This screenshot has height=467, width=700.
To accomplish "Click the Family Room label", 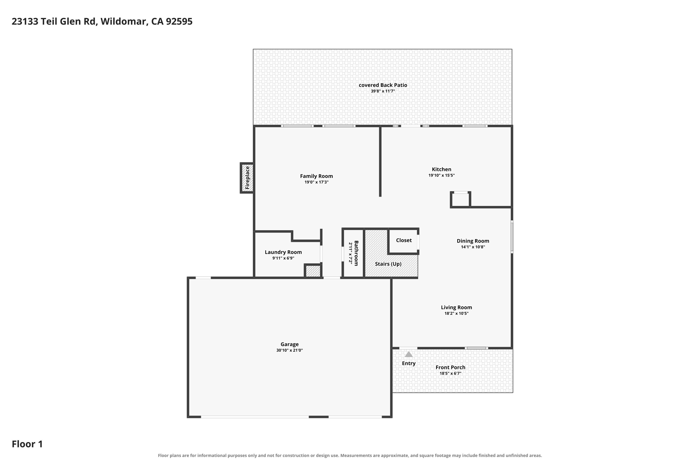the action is [316, 176].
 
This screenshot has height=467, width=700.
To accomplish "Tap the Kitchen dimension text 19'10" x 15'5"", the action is [441, 176].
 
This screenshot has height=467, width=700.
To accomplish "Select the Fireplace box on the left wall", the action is [247, 178].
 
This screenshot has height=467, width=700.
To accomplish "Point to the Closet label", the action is [404, 240].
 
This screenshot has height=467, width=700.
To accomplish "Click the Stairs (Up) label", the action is [388, 264].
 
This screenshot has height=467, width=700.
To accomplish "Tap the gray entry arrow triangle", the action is [408, 354].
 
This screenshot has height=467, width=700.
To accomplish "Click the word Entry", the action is [408, 363].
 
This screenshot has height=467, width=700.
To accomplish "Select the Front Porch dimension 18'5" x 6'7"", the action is [450, 373].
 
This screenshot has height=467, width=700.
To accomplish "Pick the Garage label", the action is [290, 344].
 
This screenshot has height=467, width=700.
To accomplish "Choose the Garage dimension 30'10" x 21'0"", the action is [290, 350].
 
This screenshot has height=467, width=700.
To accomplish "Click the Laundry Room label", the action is [283, 252].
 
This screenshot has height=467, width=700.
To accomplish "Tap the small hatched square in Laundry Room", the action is [313, 271].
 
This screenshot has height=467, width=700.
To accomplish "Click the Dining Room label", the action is [473, 241].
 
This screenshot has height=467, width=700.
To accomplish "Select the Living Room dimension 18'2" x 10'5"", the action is [456, 313].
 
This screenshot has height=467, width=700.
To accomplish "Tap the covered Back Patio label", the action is [383, 85].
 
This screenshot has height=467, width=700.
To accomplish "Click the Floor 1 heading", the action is [27, 444].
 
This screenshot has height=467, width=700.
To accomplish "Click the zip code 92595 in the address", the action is [179, 22].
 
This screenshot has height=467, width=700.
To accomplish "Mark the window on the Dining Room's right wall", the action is [512, 237].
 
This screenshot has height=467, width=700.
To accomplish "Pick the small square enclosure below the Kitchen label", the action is [460, 200].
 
